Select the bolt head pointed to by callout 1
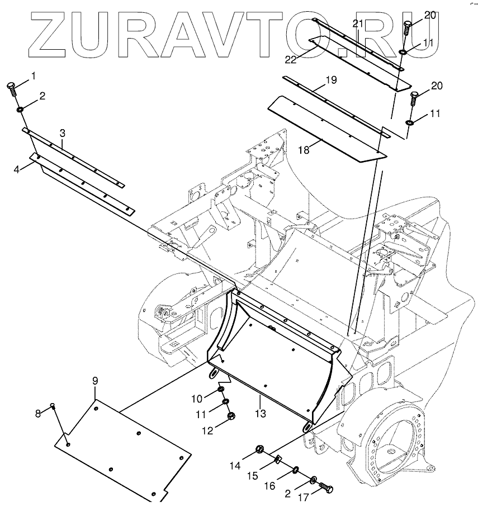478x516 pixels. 12,86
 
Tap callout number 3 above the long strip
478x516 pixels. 63,133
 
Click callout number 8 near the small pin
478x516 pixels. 38,414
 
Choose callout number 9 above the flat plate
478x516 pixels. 95,381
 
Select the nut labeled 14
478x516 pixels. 260,448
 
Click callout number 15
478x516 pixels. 253,476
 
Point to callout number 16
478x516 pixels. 270,486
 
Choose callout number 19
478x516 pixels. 330,80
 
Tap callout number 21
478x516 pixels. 358,23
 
